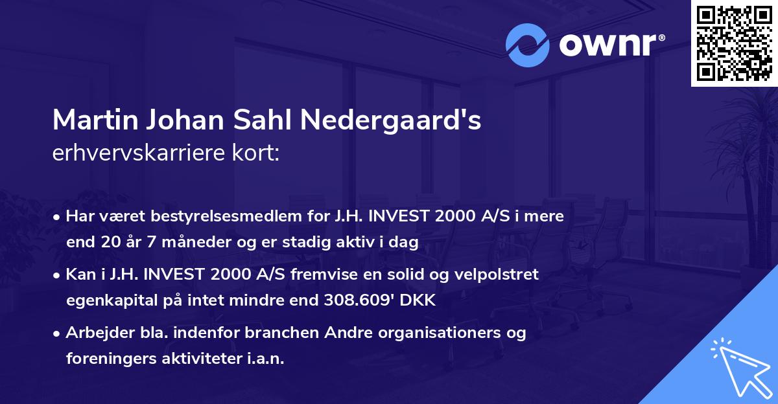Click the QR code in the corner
click(734, 43)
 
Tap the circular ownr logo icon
click(527, 45)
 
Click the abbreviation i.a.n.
click(265, 359)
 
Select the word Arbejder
click(93, 333)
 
